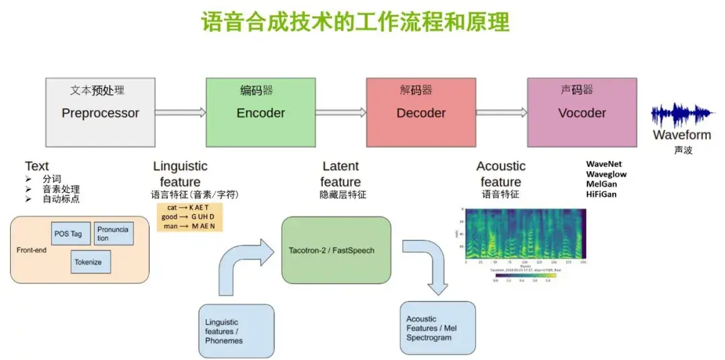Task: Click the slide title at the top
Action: [355, 21]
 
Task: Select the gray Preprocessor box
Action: [100, 113]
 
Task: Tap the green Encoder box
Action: [260, 113]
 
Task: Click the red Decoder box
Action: [421, 113]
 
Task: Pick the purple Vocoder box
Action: [581, 113]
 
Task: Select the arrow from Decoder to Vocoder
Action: [501, 113]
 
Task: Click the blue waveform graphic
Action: [681, 116]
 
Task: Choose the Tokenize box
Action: [91, 262]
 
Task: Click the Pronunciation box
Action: [113, 233]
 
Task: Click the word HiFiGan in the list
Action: [601, 194]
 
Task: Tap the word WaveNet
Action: [603, 164]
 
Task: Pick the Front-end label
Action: [32, 250]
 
